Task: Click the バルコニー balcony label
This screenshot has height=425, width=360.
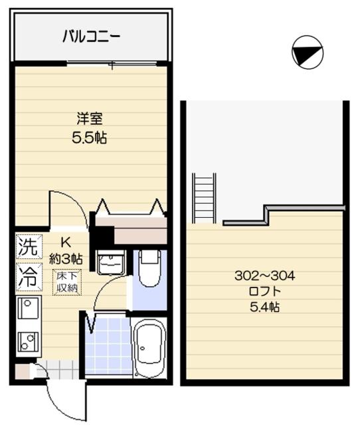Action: [91, 36]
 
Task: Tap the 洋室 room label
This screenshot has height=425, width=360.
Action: [89, 120]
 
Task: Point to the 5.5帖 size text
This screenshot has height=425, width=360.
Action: [90, 139]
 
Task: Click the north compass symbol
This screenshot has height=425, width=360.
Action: [307, 51]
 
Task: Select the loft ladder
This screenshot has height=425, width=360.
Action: [204, 197]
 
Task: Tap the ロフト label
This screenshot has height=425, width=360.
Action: [264, 291]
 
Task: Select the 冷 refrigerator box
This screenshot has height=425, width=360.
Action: [27, 276]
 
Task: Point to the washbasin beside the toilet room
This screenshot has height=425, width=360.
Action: [110, 263]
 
